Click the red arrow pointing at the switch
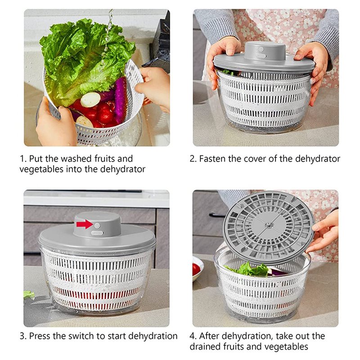[x=85, y=224]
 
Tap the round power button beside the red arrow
[x=97, y=225]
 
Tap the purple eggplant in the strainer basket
[x=120, y=100]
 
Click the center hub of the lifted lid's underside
[x=268, y=225]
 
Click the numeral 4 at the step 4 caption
[x=193, y=336]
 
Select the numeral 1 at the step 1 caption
[x=22, y=159]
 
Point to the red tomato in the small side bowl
[x=196, y=269]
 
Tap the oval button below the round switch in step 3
[x=97, y=233]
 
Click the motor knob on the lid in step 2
[x=265, y=51]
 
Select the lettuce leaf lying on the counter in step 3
[x=29, y=295]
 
